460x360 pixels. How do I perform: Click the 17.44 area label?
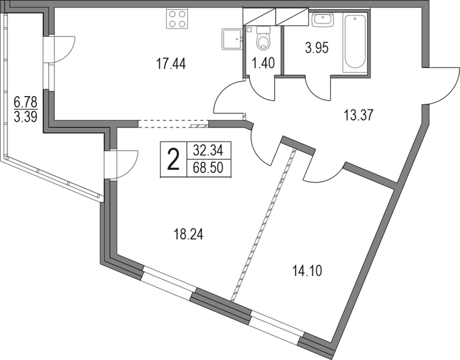pyautogui.click(x=171, y=64)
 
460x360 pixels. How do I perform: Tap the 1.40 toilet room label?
pyautogui.click(x=264, y=63)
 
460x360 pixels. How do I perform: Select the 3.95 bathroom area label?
pyautogui.click(x=317, y=48)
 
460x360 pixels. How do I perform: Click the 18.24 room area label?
pyautogui.click(x=189, y=235)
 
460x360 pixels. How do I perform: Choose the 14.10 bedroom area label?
pyautogui.click(x=307, y=271)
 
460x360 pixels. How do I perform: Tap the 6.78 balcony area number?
pyautogui.click(x=25, y=103)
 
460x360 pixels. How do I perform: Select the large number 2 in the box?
pyautogui.click(x=173, y=159)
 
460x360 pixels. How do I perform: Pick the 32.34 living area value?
pyautogui.click(x=208, y=151)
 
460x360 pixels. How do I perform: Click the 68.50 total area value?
pyautogui.click(x=208, y=168)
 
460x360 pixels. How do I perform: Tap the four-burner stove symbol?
pyautogui.click(x=177, y=18)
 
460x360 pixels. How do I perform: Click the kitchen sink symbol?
pyautogui.click(x=232, y=39)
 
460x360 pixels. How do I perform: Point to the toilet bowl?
pyautogui.click(x=263, y=38)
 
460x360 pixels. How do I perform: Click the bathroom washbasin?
pyautogui.click(x=323, y=20)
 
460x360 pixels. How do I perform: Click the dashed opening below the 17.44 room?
pyautogui.click(x=173, y=124)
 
